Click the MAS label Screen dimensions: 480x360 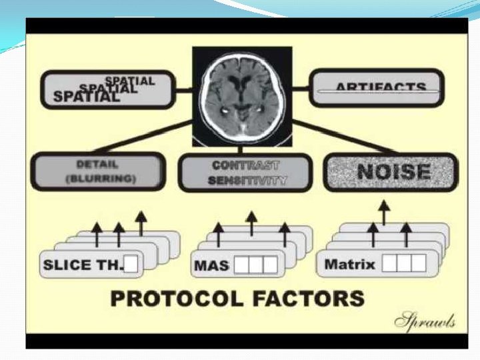point(211,265)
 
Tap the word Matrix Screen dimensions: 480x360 point(349,265)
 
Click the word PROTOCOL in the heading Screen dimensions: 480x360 point(173,298)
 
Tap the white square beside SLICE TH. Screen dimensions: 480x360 point(131,265)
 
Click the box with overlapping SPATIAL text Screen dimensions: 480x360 point(107,89)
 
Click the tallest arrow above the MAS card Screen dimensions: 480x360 point(251,223)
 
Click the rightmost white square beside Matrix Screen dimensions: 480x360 point(417,264)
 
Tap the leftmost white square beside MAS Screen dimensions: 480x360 point(240,265)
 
